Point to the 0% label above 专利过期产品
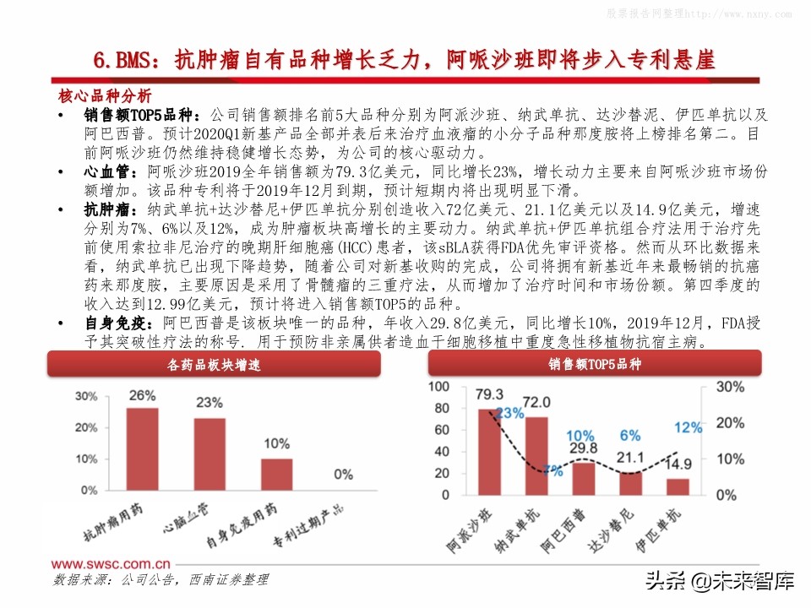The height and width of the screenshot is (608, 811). click(343, 475)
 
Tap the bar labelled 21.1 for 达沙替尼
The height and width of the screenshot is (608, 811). click(630, 483)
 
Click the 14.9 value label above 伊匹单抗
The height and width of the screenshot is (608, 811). click(678, 464)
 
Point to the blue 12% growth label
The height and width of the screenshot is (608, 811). click(689, 427)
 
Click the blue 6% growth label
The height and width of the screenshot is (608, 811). click(629, 436)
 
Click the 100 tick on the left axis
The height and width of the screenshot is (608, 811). click(438, 387)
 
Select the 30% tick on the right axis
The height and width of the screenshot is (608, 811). click(729, 387)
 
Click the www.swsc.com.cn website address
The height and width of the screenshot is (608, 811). click(110, 562)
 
